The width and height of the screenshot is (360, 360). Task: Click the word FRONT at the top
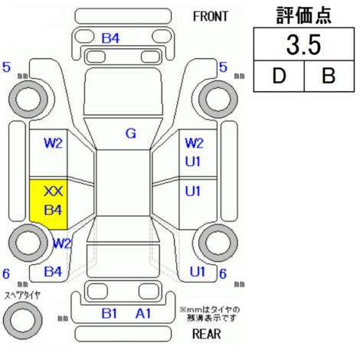pyautogui.click(x=210, y=17)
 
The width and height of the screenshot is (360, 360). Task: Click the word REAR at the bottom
pyautogui.click(x=207, y=334)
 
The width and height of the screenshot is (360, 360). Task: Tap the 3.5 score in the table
pyautogui.click(x=303, y=44)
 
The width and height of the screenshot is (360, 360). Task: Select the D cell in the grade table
pyautogui.click(x=279, y=76)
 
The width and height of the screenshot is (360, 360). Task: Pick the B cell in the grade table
pyautogui.click(x=329, y=76)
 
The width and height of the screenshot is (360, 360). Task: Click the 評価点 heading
pyautogui.click(x=304, y=15)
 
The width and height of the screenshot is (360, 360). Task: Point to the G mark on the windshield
pyautogui.click(x=131, y=133)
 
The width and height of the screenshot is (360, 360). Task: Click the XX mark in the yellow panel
pyautogui.click(x=53, y=191)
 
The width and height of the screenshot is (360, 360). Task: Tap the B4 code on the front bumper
pyautogui.click(x=110, y=38)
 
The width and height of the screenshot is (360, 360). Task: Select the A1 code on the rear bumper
pyautogui.click(x=143, y=313)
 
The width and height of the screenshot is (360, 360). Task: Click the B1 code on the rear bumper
pyautogui.click(x=110, y=313)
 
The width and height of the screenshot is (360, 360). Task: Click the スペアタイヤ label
pyautogui.click(x=22, y=296)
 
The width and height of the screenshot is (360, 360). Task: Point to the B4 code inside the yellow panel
pyautogui.click(x=53, y=210)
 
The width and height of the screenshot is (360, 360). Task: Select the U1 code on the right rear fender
pyautogui.click(x=198, y=272)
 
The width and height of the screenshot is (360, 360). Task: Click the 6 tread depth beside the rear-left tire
pyautogui.click(x=6, y=273)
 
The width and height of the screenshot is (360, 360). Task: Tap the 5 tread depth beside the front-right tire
pyautogui.click(x=223, y=67)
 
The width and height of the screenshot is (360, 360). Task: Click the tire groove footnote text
pyautogui.click(x=210, y=314)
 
